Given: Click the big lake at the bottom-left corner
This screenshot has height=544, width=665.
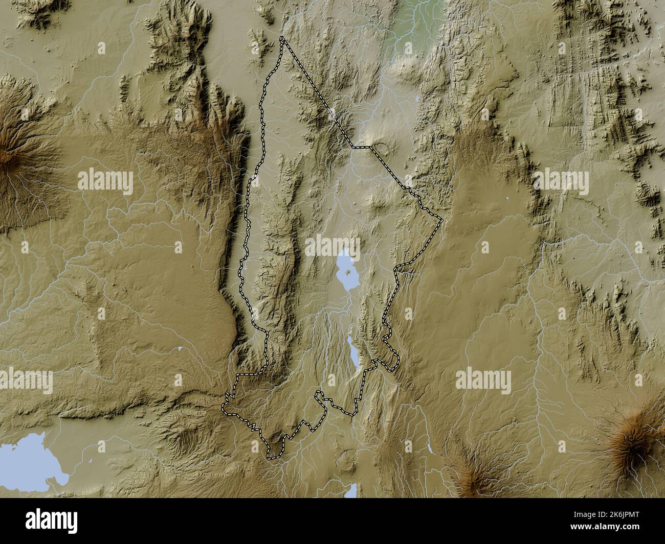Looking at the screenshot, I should (26, 460).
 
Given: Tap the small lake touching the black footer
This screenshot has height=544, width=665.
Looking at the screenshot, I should (351, 491).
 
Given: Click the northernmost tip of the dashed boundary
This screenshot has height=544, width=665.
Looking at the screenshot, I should (282, 38).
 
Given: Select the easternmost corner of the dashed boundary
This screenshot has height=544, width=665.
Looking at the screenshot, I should (442, 220).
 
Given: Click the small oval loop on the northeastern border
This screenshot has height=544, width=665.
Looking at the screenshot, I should (381, 149).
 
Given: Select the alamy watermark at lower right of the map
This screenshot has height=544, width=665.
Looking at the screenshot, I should (483, 381).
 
